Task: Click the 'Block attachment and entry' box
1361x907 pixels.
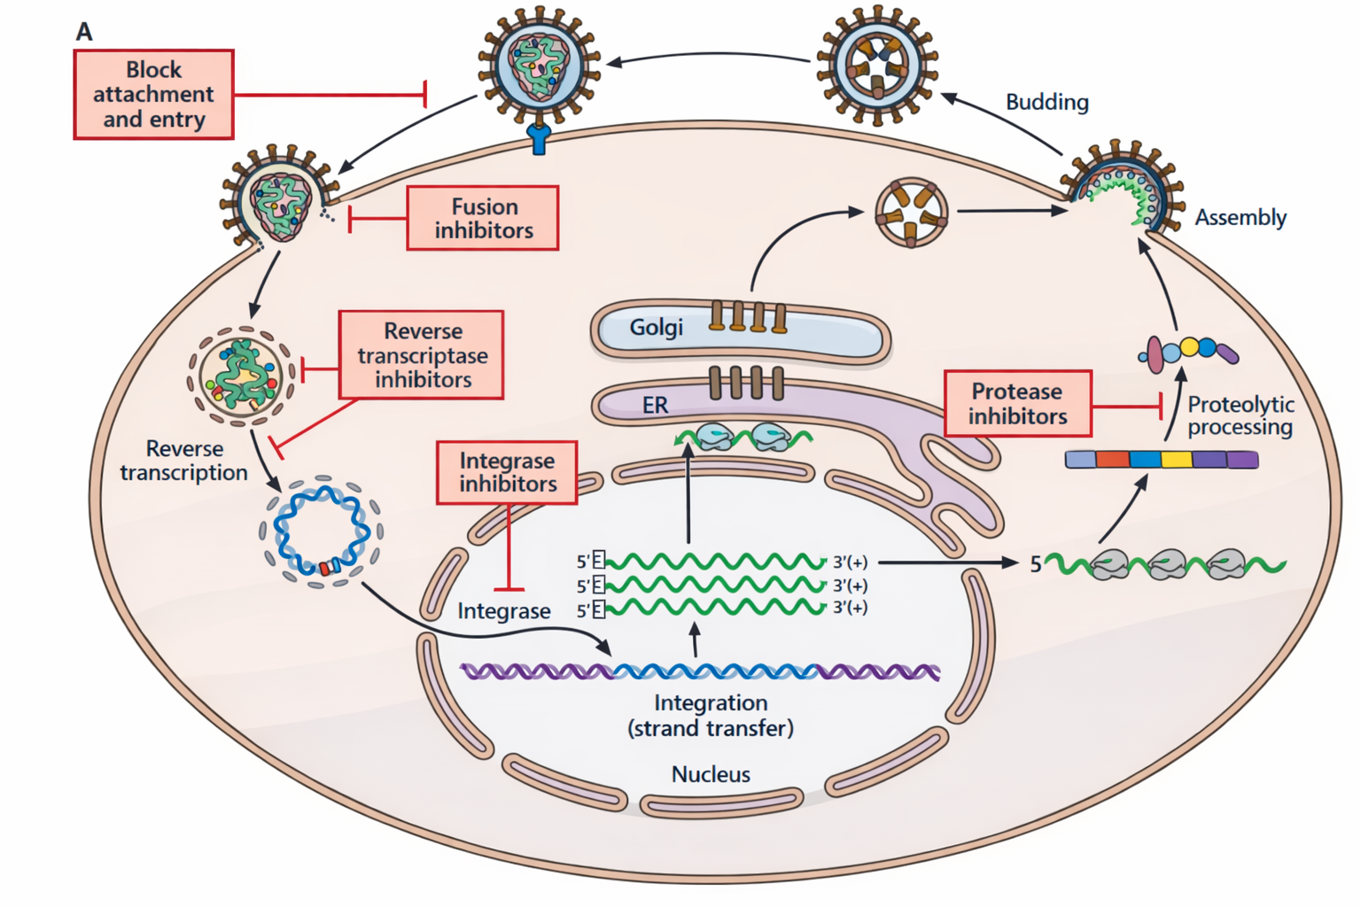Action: click(x=153, y=95)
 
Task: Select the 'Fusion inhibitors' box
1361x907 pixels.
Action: click(x=483, y=218)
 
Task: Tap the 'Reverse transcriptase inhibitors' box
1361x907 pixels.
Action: click(x=422, y=355)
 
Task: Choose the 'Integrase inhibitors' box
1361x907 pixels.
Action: click(x=507, y=472)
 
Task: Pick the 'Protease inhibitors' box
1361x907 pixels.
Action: click(x=1017, y=404)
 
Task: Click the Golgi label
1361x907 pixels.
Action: click(x=656, y=328)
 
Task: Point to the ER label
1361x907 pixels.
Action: click(x=655, y=406)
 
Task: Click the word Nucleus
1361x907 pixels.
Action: click(x=711, y=774)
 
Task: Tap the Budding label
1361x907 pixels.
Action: click(x=1046, y=103)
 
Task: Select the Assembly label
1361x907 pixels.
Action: click(x=1240, y=218)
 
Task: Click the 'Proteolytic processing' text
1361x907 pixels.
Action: click(x=1240, y=416)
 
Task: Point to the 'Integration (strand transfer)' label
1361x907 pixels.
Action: click(x=711, y=716)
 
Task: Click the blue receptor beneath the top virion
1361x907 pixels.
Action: click(x=539, y=138)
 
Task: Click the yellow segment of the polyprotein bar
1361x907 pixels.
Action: click(x=1176, y=459)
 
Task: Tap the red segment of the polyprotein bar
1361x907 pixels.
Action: click(x=1112, y=459)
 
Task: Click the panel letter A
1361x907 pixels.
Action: click(x=84, y=32)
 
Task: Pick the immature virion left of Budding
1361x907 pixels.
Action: click(x=876, y=64)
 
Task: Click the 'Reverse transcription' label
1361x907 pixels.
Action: click(x=184, y=461)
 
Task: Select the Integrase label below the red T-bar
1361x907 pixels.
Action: click(x=503, y=611)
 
